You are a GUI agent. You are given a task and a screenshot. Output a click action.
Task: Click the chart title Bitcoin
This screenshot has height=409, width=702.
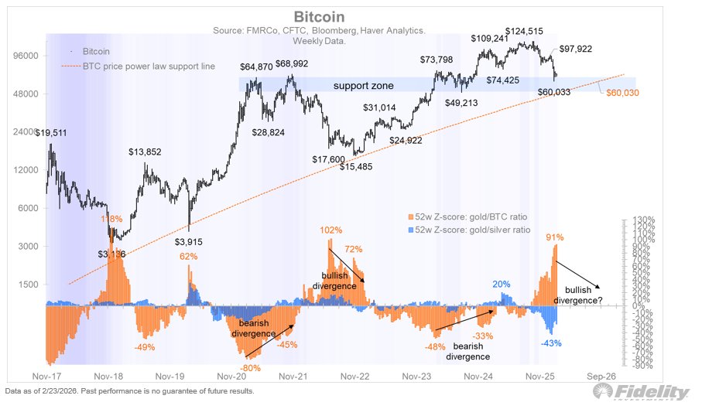tap(319, 17)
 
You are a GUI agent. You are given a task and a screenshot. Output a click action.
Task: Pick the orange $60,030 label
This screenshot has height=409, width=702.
tap(627, 93)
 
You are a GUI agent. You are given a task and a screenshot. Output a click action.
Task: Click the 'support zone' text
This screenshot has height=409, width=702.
tap(363, 86)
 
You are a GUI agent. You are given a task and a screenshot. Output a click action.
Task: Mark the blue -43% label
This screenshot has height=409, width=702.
tap(550, 343)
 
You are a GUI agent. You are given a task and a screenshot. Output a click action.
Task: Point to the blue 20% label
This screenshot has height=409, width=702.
tap(501, 285)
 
